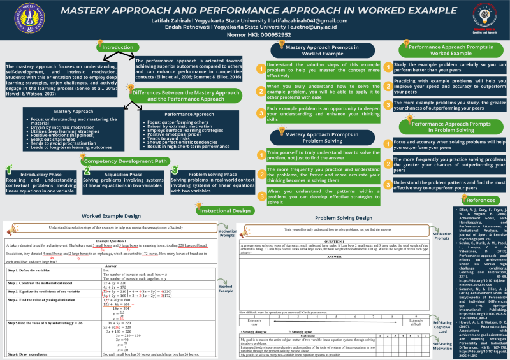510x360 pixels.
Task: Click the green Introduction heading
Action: tap(118, 48)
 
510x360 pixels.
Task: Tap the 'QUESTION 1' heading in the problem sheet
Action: tap(335, 241)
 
